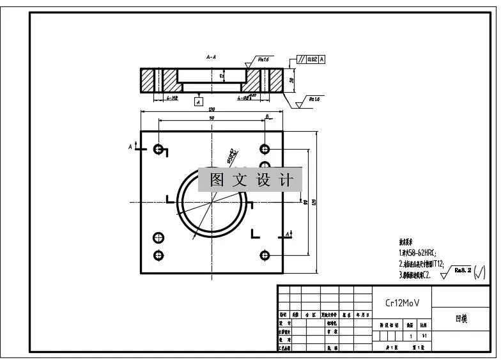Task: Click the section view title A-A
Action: pyautogui.click(x=211, y=57)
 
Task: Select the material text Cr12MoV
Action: pyautogui.click(x=403, y=304)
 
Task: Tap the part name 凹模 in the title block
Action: pyautogui.click(x=461, y=318)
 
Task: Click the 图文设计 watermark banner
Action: pyautogui.click(x=250, y=180)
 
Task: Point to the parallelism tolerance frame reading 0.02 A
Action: pyautogui.click(x=311, y=59)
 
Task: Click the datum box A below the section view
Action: pyautogui.click(x=198, y=101)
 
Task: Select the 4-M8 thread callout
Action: pyautogui.click(x=172, y=98)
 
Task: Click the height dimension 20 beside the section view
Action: pyautogui.click(x=291, y=80)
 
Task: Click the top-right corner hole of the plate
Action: pyautogui.click(x=265, y=149)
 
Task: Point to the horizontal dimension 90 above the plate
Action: pyautogui.click(x=211, y=118)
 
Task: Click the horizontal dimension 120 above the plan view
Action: pyautogui.click(x=212, y=109)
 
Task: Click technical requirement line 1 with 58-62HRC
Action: pyautogui.click(x=418, y=253)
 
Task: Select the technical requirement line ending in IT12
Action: pyautogui.click(x=422, y=263)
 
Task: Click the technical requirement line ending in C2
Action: pyautogui.click(x=415, y=275)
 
